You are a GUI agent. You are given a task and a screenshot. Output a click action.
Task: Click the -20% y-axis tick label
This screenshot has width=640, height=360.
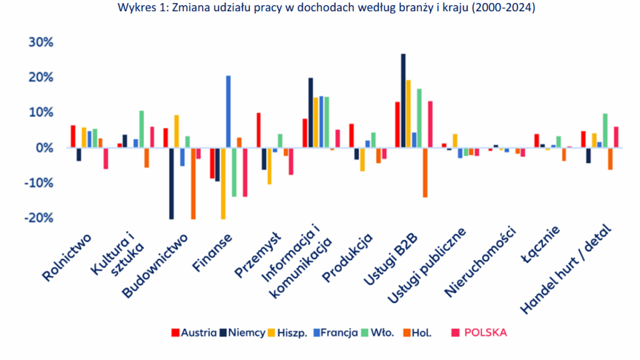39,218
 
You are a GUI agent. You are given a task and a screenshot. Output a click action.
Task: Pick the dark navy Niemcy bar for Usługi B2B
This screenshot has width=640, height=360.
403,101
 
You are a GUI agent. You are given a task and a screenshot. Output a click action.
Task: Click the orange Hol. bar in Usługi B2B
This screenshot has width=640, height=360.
426,172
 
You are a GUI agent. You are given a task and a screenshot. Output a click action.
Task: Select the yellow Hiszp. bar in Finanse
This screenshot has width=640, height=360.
222,183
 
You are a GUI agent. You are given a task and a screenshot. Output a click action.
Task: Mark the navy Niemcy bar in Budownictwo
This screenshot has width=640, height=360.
171,183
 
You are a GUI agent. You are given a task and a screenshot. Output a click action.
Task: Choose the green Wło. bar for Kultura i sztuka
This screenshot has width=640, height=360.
141,129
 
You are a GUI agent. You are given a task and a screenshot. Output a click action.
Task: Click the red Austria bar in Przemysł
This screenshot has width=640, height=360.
258,130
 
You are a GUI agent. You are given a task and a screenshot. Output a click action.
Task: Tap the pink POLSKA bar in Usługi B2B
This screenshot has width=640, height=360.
431,124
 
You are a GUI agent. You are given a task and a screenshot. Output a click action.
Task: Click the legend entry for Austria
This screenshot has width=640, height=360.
194,332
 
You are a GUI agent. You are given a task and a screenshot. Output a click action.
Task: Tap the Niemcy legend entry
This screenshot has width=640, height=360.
243,332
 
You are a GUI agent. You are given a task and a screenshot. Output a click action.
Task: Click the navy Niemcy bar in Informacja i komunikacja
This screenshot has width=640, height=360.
311,112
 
